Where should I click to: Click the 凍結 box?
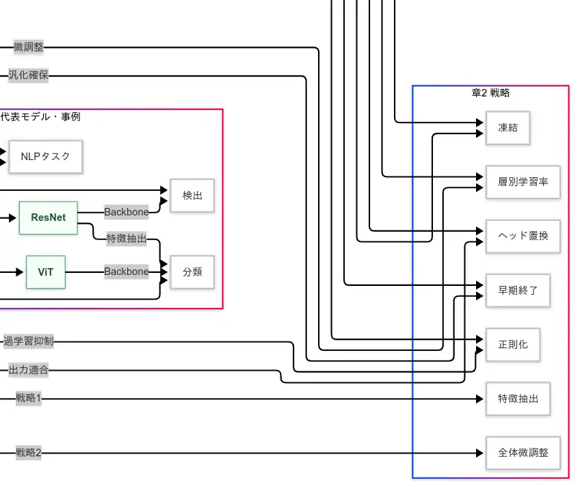pyautogui.click(x=507, y=128)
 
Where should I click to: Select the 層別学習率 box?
pyautogui.click(x=523, y=182)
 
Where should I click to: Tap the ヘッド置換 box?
pyautogui.click(x=523, y=236)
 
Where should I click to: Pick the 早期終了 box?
pyautogui.click(x=518, y=290)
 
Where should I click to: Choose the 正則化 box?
pyautogui.click(x=513, y=344)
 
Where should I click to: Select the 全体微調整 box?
pyautogui.click(x=523, y=452)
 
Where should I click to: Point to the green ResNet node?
pyautogui.click(x=49, y=218)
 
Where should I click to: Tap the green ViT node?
pyautogui.click(x=46, y=272)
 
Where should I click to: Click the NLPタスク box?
pyautogui.click(x=45, y=157)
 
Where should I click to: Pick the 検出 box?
pyautogui.click(x=192, y=196)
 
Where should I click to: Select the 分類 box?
pyautogui.click(x=192, y=272)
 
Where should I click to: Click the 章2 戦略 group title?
pyautogui.click(x=490, y=93)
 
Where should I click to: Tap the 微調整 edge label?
pyautogui.click(x=29, y=47)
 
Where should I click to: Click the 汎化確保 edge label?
pyautogui.click(x=28, y=75)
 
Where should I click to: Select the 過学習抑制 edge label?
pyautogui.click(x=28, y=341)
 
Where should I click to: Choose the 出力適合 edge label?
pyautogui.click(x=28, y=370)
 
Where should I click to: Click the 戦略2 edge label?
pyautogui.click(x=29, y=452)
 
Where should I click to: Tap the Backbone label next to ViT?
pyautogui.click(x=126, y=272)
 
